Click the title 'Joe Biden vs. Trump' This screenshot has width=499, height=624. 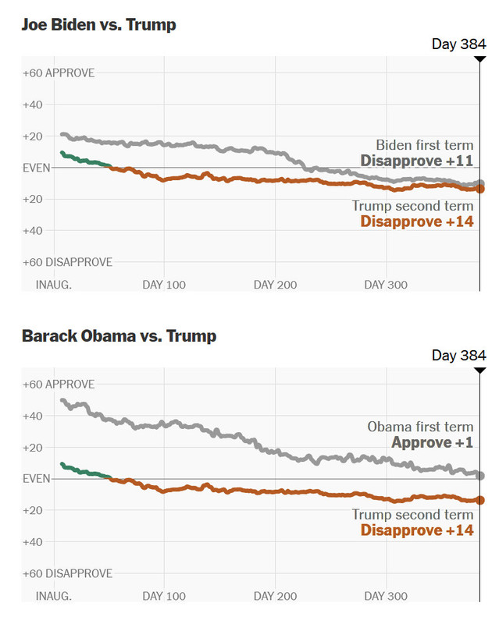pyautogui.click(x=99, y=25)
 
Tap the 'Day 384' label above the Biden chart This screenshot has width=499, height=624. pyautogui.click(x=459, y=44)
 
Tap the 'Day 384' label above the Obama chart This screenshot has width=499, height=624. pyautogui.click(x=459, y=356)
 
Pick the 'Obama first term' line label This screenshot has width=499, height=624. pyautogui.click(x=420, y=427)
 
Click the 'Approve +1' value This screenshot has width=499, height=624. pyautogui.click(x=432, y=443)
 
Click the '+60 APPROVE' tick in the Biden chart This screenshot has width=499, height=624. pyautogui.click(x=59, y=73)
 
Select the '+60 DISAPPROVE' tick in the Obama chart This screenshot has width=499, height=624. pyautogui.click(x=68, y=573)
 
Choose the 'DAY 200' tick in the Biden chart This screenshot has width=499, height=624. pyautogui.click(x=275, y=285)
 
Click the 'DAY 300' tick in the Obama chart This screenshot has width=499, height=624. pyautogui.click(x=386, y=596)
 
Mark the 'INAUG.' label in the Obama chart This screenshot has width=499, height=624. pyautogui.click(x=54, y=596)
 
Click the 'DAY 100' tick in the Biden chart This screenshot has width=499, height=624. pyautogui.click(x=164, y=285)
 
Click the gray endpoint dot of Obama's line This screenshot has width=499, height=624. pyautogui.click(x=480, y=476)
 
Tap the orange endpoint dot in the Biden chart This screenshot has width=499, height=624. pyautogui.click(x=480, y=189)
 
